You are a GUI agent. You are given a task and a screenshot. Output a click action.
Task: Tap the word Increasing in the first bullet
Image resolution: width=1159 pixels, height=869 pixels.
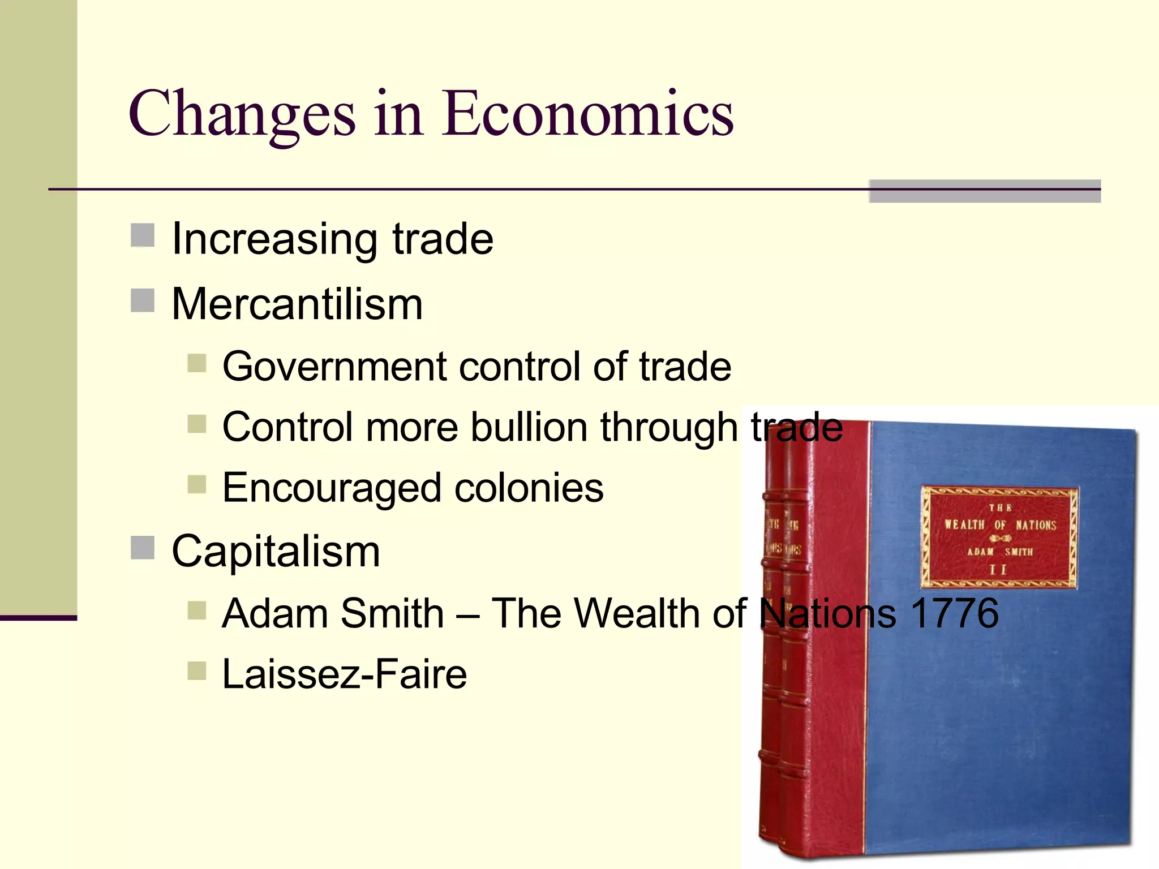coord(274,240)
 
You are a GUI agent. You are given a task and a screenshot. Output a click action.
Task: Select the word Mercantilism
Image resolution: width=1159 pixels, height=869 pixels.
coord(297,304)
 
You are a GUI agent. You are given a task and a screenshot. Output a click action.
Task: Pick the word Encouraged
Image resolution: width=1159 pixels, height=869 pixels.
coord(332,488)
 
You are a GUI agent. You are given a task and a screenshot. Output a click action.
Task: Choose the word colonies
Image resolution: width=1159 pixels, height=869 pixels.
coord(529,488)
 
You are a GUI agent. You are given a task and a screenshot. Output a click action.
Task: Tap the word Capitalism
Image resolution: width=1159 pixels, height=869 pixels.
coord(276,552)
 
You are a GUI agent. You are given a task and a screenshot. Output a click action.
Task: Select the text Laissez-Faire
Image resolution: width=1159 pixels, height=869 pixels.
coord(344,674)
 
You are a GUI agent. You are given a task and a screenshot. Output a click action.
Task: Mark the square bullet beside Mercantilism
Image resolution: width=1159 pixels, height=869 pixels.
coord(143,300)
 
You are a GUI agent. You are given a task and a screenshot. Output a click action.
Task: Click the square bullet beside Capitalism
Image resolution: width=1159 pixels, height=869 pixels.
coord(143,548)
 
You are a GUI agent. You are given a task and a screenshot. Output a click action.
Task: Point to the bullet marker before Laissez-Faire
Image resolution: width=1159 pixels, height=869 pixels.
coord(196,671)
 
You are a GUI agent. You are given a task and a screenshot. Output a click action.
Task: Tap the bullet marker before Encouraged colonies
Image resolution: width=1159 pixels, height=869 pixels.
coord(196,485)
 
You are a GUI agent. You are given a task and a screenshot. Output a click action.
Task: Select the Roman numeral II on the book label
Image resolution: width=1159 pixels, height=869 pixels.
coord(999,569)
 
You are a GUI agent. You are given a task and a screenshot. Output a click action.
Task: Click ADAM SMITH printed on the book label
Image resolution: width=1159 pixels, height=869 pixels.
coord(1000,552)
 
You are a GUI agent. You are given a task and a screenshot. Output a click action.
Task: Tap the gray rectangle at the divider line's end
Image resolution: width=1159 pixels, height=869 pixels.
coord(985,191)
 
